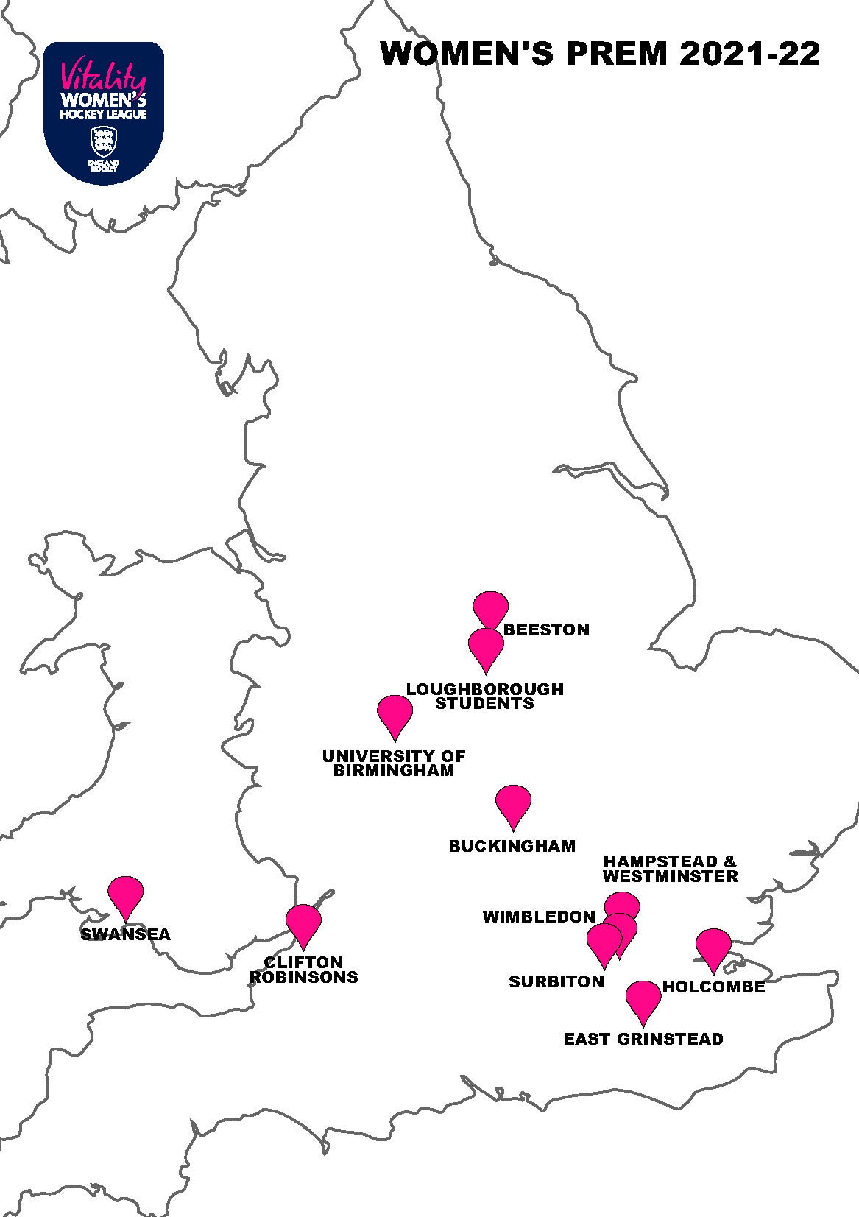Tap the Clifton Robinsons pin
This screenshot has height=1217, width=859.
coord(303,922)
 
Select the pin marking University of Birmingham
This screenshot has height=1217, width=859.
coord(395,713)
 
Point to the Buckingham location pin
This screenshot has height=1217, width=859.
coord(513,803)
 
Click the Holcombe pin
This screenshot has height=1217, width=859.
coord(713,946)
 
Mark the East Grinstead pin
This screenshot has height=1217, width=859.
coord(643,998)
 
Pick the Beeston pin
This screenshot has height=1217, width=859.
coord(490,608)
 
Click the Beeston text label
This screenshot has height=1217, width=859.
coord(546,629)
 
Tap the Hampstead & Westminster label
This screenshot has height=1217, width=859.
coord(670,869)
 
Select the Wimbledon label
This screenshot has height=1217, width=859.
coord(539,917)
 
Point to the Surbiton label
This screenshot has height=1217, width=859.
coord(556,981)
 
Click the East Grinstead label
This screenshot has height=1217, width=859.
coord(643,1039)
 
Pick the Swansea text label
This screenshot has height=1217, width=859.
coord(126,934)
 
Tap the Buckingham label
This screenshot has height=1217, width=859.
coord(512,846)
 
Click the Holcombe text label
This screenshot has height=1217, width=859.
coord(714,987)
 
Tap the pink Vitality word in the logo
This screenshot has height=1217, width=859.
coord(104,74)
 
